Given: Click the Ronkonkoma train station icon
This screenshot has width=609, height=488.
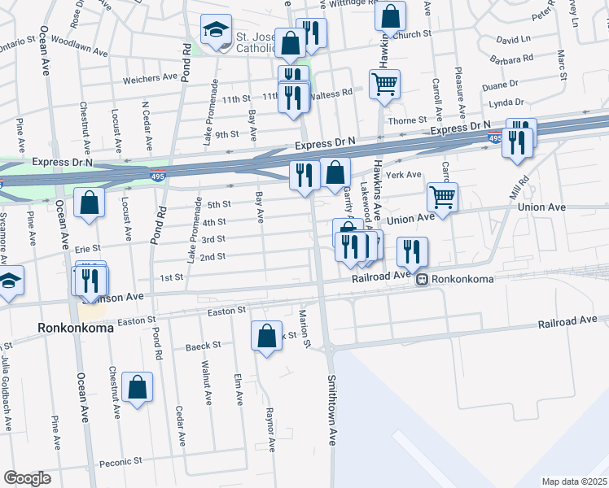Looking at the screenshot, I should pyautogui.click(x=422, y=279).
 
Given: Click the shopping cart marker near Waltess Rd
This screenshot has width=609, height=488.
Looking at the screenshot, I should pyautogui.click(x=384, y=83).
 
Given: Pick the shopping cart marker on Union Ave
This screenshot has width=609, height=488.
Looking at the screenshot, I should pyautogui.click(x=442, y=196).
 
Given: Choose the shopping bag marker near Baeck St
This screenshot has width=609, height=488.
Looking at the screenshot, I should pyautogui.click(x=267, y=336).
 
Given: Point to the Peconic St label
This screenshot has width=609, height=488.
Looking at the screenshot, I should pyautogui.click(x=120, y=461).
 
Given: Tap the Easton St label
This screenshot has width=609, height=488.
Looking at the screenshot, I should pyautogui.click(x=226, y=311).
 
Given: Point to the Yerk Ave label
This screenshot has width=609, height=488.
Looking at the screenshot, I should pyautogui.click(x=405, y=175).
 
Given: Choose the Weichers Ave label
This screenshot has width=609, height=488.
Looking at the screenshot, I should pyautogui.click(x=150, y=79).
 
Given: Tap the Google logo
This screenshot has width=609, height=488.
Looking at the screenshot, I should pyautogui.click(x=27, y=478).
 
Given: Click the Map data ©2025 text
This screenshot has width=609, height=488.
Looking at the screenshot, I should pyautogui.click(x=574, y=481).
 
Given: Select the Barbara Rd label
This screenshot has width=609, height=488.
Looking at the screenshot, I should pyautogui.click(x=512, y=58).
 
